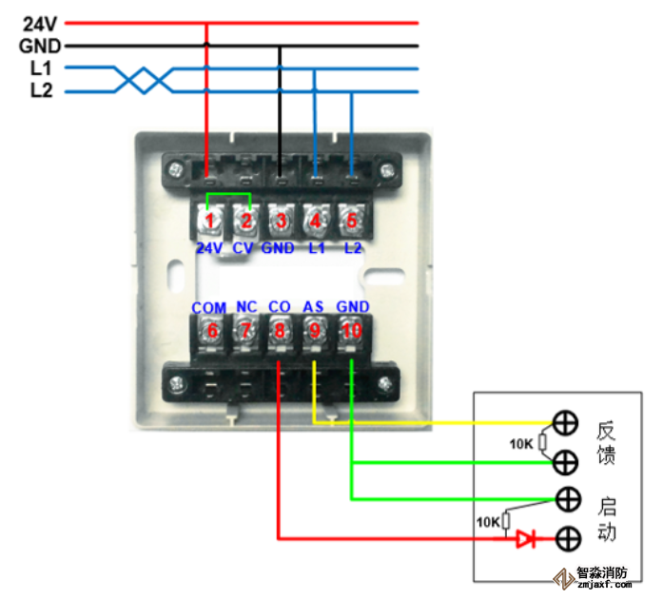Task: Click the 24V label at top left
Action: [31, 22]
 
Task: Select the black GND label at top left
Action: [39, 45]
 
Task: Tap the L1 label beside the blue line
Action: [40, 68]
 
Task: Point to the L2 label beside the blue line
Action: [40, 91]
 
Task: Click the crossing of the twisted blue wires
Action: [144, 80]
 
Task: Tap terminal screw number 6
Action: [210, 331]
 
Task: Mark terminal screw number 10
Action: [351, 331]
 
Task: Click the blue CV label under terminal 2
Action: [244, 248]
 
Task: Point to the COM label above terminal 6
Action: [208, 308]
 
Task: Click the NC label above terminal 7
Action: [246, 307]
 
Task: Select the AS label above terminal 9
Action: [313, 307]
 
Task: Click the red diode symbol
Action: [525, 539]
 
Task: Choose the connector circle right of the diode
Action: [568, 538]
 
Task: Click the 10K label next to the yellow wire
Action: [521, 443]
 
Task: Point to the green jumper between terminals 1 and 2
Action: [228, 196]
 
